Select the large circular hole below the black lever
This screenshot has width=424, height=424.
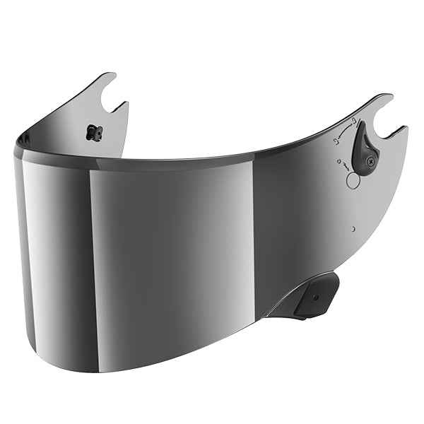point(353,180)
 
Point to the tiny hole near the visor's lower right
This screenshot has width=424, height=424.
point(352,229)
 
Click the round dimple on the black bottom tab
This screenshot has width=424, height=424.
point(315,298)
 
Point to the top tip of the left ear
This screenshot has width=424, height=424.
point(112,73)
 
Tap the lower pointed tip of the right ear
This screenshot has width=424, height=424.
point(405,129)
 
